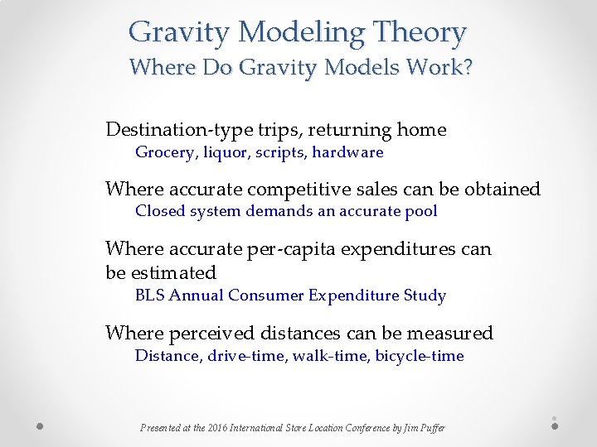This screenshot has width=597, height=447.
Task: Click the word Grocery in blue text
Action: tap(163, 152)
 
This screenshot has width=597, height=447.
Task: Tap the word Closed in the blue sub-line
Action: tap(160, 211)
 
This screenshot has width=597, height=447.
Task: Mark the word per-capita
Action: tap(281, 249)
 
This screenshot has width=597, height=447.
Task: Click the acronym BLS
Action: tap(149, 296)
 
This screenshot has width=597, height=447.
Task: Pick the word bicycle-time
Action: tap(420, 356)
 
